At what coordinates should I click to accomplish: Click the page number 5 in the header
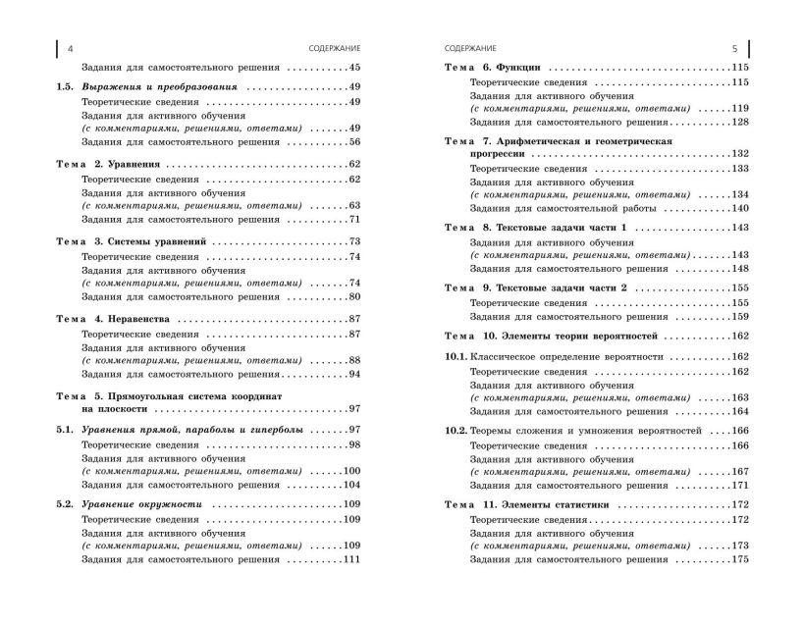click(734, 47)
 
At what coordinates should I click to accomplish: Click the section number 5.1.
click(66, 431)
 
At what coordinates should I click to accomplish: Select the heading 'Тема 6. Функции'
click(492, 67)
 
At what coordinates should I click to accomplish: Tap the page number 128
click(739, 122)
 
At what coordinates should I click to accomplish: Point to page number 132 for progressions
click(739, 154)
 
